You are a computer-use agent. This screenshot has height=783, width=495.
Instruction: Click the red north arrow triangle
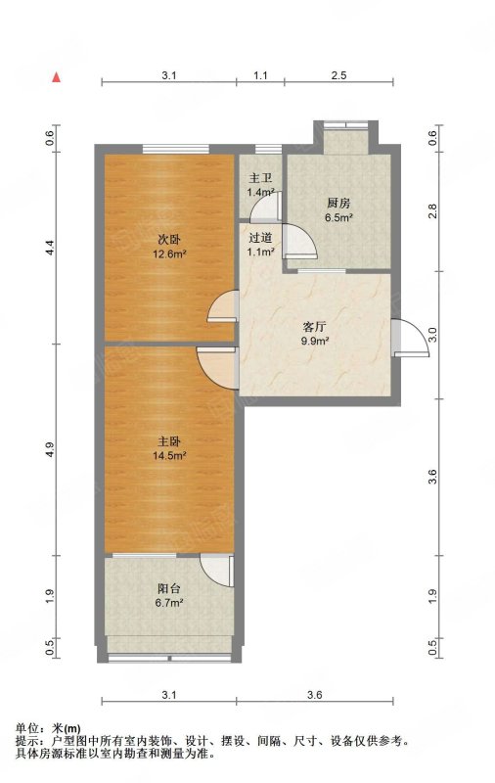point(58,77)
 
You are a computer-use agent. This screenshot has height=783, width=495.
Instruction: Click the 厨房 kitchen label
point(338,204)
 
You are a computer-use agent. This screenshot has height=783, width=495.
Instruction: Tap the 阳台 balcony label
point(169,589)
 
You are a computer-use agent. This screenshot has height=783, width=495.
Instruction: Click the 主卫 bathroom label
point(260,178)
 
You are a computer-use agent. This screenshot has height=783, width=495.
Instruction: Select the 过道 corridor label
point(260,238)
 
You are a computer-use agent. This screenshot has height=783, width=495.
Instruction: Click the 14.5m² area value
point(169,455)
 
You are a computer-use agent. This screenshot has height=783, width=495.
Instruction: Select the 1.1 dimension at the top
point(260,75)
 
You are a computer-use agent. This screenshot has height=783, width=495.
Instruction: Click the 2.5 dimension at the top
point(338,75)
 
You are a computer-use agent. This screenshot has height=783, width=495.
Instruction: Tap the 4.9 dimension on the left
point(49,449)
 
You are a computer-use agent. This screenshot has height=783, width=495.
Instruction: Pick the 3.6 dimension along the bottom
point(315,695)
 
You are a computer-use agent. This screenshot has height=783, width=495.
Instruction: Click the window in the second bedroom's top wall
point(175,149)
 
